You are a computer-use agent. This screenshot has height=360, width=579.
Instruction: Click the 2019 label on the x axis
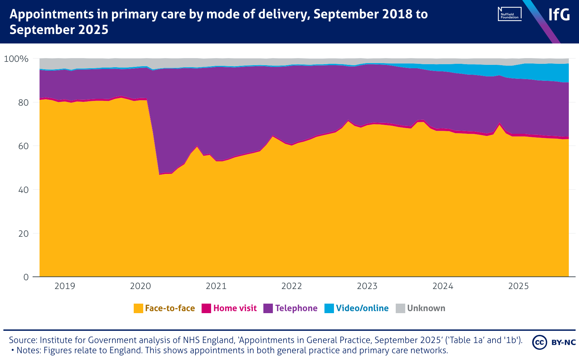(x=65, y=286)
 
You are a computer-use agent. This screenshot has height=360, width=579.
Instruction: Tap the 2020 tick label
(x=141, y=286)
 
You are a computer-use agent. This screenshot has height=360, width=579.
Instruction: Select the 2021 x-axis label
(x=216, y=286)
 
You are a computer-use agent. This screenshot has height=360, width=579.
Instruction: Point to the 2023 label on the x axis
(x=367, y=286)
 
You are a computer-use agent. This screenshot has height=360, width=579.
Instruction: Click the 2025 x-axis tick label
(x=518, y=286)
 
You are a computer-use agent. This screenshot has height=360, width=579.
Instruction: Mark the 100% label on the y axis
(x=16, y=59)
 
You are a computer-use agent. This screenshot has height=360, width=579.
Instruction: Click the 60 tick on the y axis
(x=23, y=146)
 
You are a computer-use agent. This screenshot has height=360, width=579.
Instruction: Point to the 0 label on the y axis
(x=26, y=277)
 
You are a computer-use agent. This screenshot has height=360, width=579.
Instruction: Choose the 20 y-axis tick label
(x=23, y=234)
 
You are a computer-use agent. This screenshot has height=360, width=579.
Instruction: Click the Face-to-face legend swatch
(x=138, y=308)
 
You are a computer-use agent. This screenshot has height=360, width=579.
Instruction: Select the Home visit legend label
(x=235, y=308)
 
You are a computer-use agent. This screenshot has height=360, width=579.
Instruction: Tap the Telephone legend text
(x=296, y=308)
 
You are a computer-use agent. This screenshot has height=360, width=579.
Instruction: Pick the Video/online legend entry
(x=362, y=308)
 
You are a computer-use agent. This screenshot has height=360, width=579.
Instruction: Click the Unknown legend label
(x=426, y=308)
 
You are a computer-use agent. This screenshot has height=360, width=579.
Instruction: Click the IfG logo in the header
(x=559, y=15)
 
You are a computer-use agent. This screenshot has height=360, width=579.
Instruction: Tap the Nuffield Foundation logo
(x=509, y=14)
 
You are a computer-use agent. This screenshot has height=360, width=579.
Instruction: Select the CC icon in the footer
(x=540, y=342)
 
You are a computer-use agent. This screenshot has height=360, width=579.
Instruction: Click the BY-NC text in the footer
(x=563, y=342)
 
